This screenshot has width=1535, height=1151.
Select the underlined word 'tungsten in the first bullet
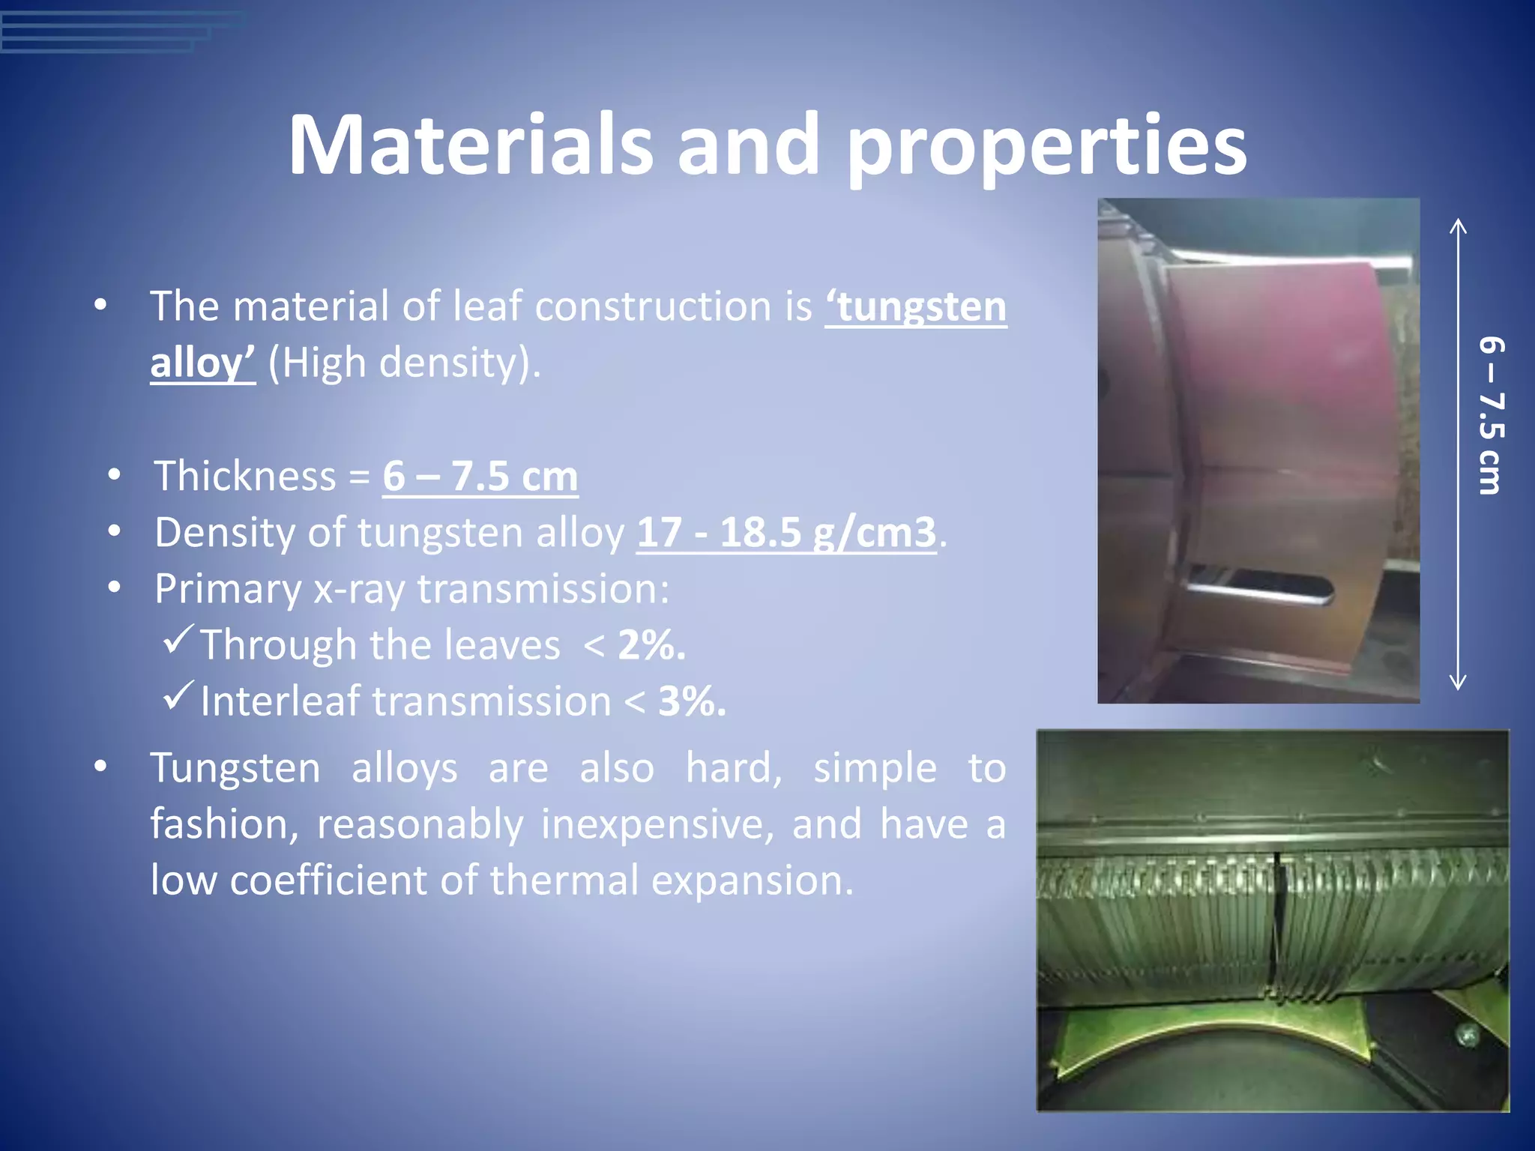916,307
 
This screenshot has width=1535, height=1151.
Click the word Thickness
245,477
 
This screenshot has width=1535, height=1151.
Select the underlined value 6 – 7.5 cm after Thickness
480,477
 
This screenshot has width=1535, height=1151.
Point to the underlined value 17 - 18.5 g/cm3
786,533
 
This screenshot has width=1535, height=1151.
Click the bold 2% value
651,645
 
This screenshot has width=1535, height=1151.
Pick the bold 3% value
692,702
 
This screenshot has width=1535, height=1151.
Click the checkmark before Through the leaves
178,638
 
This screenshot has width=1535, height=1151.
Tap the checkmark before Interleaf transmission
178,695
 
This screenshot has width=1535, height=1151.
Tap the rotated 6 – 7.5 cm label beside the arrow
1491,417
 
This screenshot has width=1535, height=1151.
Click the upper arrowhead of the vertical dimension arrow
1458,224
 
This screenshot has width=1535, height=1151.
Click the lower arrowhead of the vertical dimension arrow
1458,683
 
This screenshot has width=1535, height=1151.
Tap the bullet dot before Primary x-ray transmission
114,588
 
